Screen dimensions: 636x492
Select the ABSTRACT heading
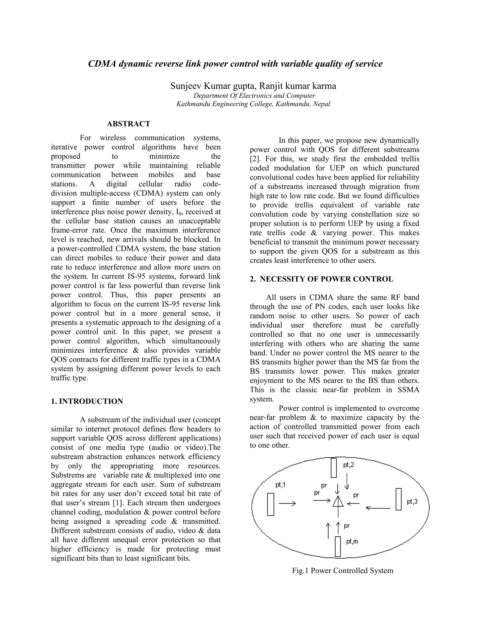coord(129,124)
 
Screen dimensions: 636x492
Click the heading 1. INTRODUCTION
coord(87,401)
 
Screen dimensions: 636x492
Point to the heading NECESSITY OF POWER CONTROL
coord(326,279)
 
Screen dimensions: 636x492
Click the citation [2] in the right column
coord(255,159)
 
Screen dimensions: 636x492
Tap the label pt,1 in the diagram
coord(280,485)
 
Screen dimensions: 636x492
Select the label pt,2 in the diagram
coord(348,465)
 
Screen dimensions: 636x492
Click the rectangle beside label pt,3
coord(399,499)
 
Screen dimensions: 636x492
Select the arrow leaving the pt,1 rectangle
coord(287,503)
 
